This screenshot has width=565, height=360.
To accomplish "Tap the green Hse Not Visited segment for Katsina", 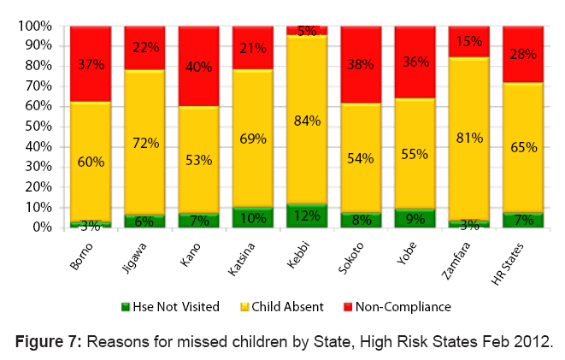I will click(x=253, y=217).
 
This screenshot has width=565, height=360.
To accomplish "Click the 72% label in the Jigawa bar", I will click(x=145, y=144).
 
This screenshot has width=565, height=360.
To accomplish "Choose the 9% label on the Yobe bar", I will click(x=415, y=220).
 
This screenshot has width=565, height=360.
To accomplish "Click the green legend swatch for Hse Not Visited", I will click(x=124, y=306).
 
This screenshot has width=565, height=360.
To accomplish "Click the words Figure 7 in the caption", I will click(x=48, y=342).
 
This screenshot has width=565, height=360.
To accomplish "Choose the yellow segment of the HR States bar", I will click(x=523, y=147).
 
